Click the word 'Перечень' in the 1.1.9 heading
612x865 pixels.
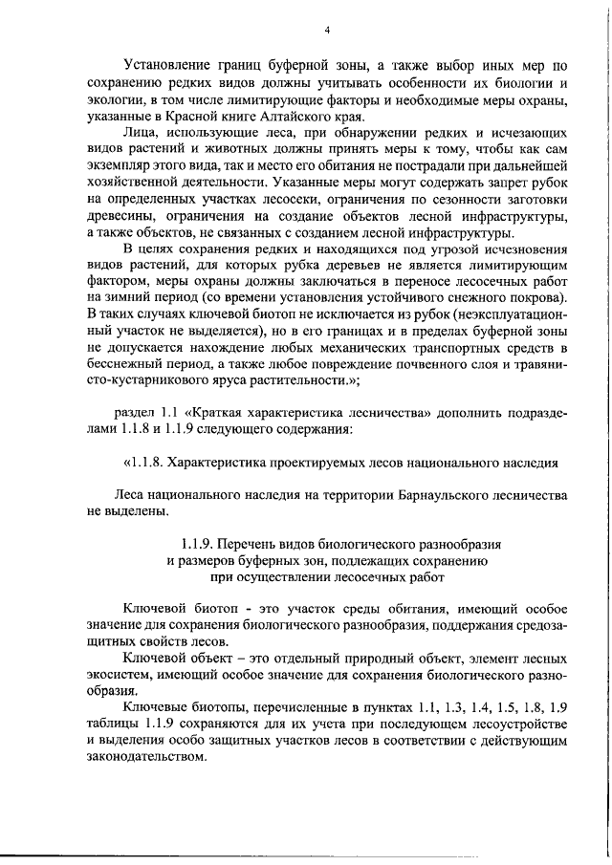coord(252,545)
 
